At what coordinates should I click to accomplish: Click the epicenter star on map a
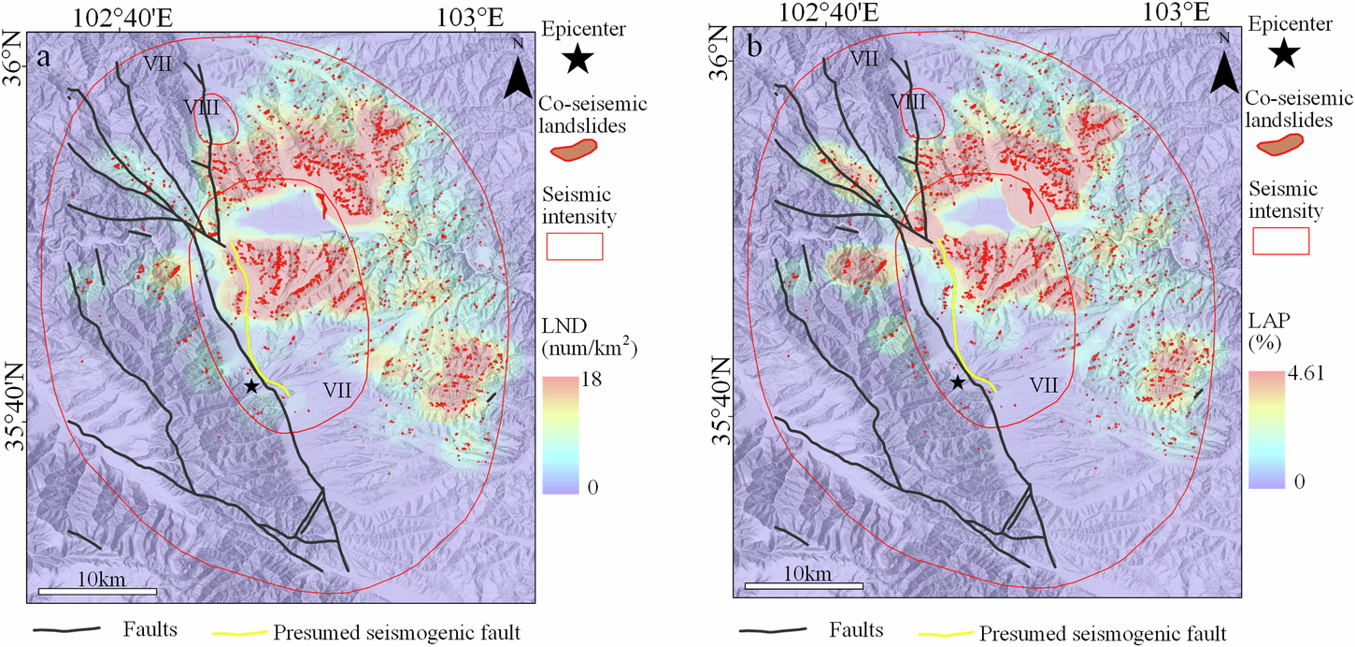[250, 386]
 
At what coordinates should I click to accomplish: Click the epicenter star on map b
[957, 381]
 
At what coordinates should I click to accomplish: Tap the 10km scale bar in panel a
[97, 591]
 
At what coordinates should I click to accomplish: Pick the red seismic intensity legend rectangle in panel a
[575, 246]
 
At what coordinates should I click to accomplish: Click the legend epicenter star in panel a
[579, 60]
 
